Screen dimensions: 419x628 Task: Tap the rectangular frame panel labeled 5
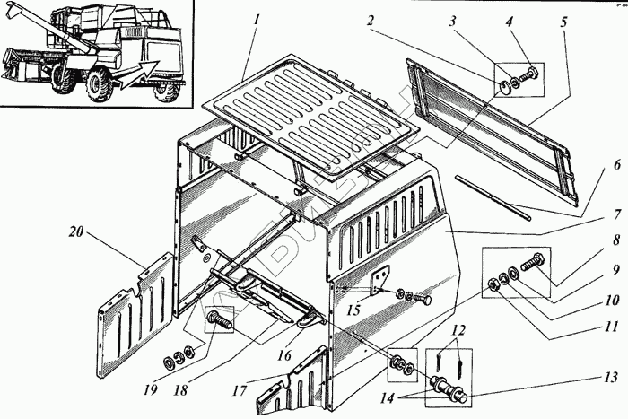(493, 126)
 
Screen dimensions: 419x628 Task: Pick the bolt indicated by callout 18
(219, 318)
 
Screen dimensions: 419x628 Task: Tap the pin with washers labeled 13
(449, 391)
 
